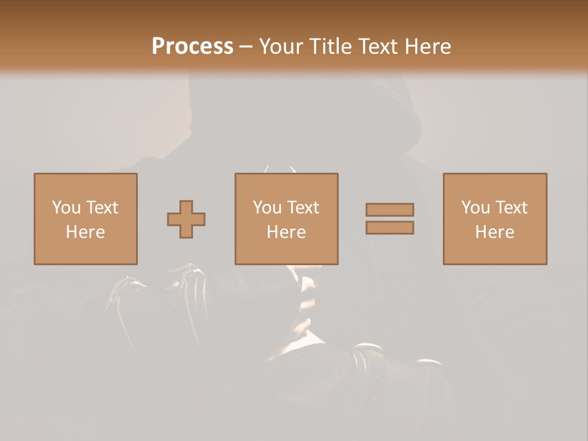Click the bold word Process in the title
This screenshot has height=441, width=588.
192,46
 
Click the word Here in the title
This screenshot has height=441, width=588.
428,46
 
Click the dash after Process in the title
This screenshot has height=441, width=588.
246,47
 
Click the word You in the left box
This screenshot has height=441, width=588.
66,208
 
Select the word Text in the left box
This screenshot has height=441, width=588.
102,208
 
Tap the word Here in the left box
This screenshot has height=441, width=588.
85,232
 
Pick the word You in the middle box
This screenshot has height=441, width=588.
267,208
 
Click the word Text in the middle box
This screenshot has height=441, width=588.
303,208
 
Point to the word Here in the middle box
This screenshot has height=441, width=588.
286,232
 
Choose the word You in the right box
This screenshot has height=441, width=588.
475,208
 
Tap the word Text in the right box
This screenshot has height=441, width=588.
511,208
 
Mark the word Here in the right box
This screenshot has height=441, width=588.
494,232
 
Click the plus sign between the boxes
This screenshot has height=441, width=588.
186,219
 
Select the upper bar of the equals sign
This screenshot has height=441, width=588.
390,209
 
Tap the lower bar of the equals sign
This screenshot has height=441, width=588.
390,228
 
